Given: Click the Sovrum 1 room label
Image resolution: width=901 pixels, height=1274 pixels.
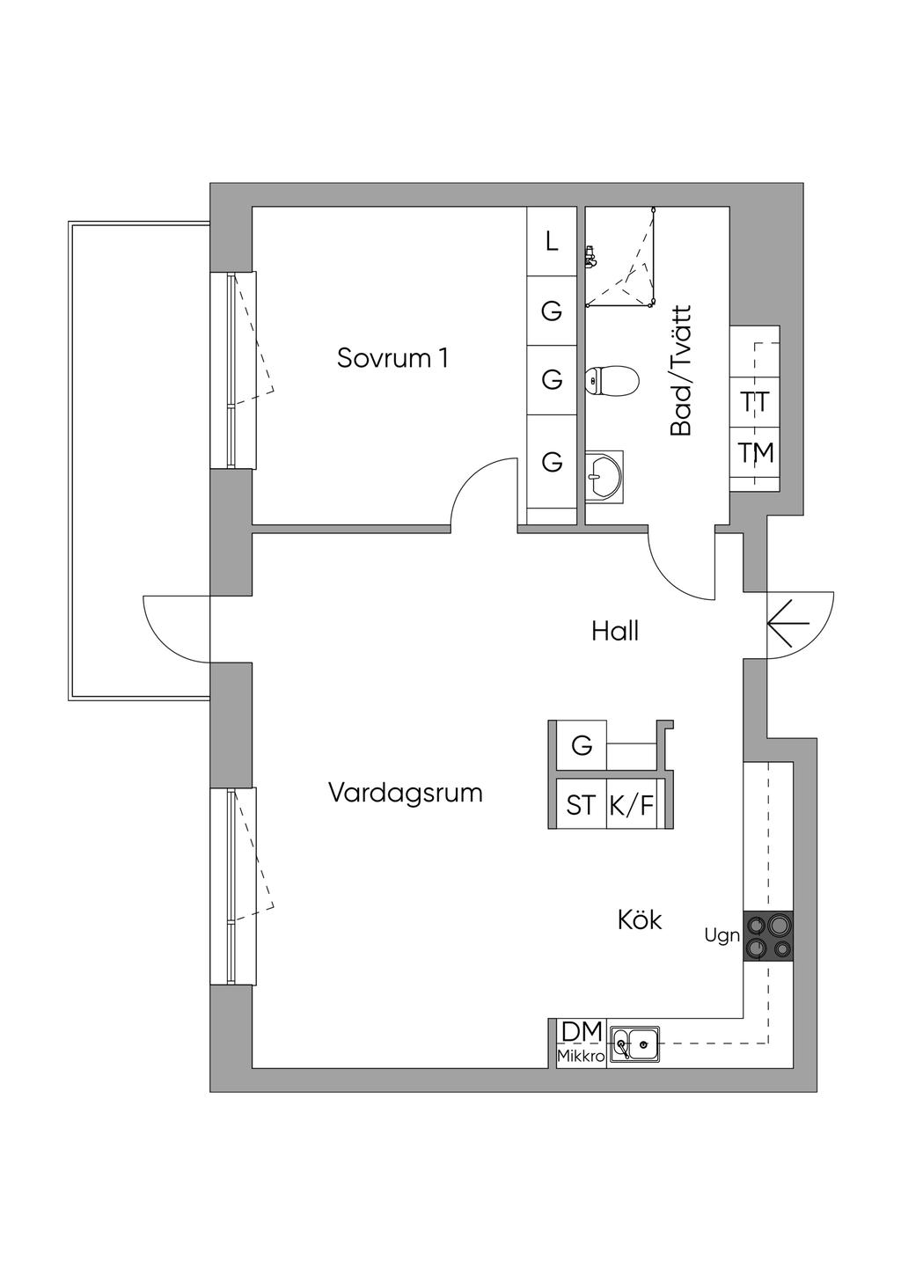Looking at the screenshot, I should [392, 358].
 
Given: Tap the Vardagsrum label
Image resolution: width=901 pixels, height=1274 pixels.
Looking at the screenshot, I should [406, 793].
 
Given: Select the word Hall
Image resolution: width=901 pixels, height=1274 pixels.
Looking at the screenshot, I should [615, 631].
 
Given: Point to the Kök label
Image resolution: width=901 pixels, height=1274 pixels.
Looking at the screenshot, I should [640, 920].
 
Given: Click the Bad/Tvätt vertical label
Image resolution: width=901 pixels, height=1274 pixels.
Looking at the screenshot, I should [681, 371].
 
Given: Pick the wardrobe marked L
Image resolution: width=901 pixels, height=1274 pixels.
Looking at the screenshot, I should [552, 241].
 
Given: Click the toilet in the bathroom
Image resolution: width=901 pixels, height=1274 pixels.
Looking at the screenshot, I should [612, 380].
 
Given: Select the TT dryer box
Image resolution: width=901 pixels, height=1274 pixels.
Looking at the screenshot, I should [755, 402].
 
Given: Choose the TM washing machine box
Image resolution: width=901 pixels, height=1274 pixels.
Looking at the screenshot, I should [755, 453].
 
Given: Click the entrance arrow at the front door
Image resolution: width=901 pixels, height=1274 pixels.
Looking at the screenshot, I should [788, 624].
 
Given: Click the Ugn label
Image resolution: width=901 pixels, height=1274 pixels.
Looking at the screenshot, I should [722, 936].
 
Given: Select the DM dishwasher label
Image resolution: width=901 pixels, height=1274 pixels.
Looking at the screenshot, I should [582, 1031].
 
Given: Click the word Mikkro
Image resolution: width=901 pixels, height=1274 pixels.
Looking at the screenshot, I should [581, 1056].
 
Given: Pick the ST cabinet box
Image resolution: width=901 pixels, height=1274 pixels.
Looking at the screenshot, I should [580, 804].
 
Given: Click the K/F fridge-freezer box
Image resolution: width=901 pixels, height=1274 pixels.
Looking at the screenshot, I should [633, 804].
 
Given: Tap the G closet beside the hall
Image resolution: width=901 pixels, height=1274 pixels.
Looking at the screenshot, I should [582, 745].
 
